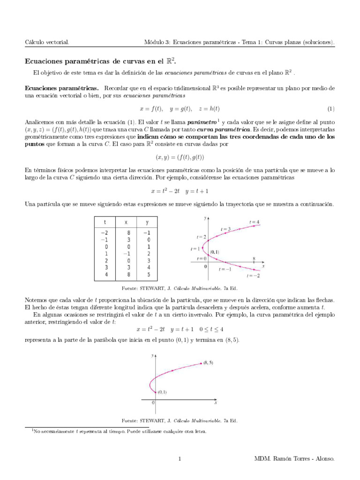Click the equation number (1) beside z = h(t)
point(331,109)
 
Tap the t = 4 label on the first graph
point(255,222)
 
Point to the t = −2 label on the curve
point(253,276)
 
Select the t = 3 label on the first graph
point(226,229)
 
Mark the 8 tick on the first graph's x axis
point(254,258)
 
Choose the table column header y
point(148,222)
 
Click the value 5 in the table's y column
point(148,274)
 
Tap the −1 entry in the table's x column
point(127,253)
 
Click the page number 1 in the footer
point(180,459)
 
